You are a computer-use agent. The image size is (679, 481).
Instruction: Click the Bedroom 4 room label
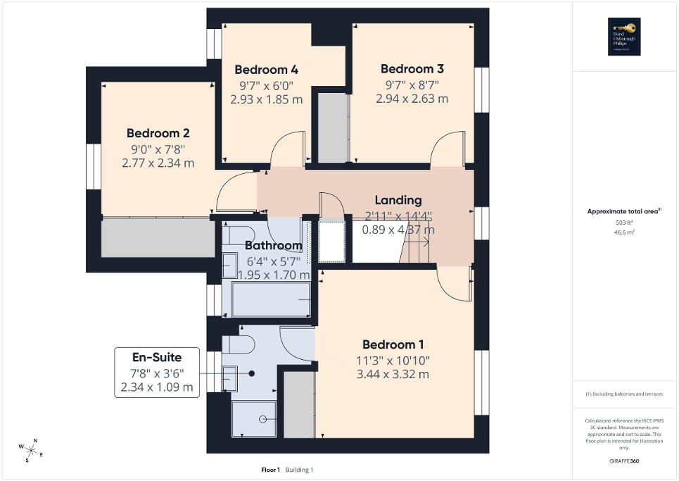coord(266,70)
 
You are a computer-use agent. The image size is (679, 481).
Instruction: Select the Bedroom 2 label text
coord(158,133)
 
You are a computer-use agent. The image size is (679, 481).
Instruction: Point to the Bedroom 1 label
coord(393,344)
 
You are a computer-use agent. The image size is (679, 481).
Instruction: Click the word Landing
coord(398,200)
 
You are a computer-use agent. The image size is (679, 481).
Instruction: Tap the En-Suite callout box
coord(157,371)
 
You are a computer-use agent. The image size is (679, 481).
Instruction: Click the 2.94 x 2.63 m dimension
coord(412,99)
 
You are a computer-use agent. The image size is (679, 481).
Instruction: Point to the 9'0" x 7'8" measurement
coord(158,149)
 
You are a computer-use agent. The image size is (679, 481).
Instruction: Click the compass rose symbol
coord(31,449)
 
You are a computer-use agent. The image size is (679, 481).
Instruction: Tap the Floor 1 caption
coord(269,470)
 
